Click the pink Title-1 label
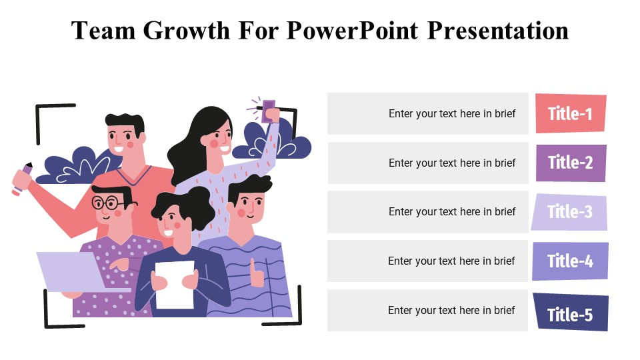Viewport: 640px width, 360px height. [571, 113]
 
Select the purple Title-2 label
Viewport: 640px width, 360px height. [571, 163]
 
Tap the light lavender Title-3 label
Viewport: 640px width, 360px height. [570, 212]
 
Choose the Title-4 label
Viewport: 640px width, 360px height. [570, 261]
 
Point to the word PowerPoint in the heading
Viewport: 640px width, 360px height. [353, 31]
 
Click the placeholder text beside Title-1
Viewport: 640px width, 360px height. [452, 113]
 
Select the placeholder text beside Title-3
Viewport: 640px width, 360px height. [452, 212]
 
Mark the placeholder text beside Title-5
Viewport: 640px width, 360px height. [451, 311]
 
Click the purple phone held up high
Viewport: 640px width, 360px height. [269, 107]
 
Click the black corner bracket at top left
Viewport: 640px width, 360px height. [47, 117]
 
